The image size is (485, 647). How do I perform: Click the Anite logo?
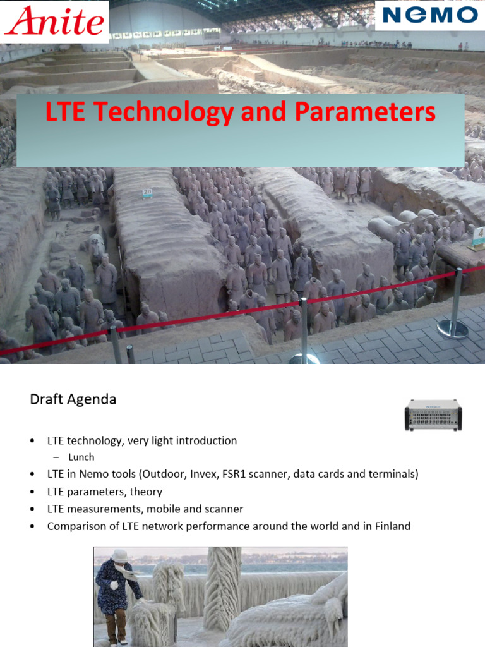coord(54,21)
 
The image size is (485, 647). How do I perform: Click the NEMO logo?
coord(429,16)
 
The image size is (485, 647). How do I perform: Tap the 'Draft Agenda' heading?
coord(73,399)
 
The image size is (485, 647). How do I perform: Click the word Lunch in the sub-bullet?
coord(81,457)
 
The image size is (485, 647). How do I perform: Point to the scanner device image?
coord(433,414)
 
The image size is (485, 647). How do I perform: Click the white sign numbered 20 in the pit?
coord(147,192)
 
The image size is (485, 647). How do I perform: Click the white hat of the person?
coord(119,555)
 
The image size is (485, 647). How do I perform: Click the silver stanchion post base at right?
coord(453,329)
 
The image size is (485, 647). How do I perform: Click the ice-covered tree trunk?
coord(222,588)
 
